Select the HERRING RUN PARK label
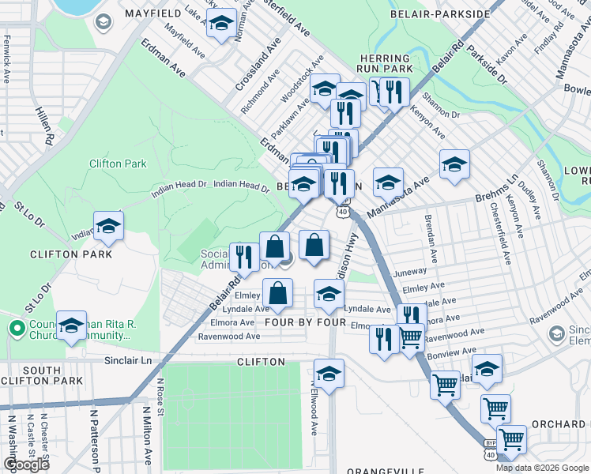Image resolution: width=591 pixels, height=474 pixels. point(385,64)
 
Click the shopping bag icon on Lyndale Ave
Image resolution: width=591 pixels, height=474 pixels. point(278,294)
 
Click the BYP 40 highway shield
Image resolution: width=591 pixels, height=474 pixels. point(491,450)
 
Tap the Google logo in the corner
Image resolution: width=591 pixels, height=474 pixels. point(26,465)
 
